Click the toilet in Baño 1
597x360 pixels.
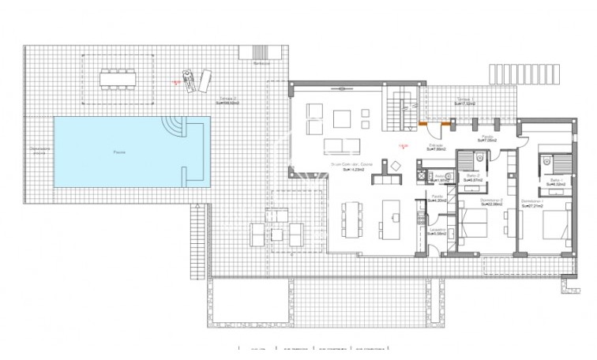546,160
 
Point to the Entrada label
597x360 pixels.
435,145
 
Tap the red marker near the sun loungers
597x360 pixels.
175,81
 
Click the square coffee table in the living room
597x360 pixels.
342,119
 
